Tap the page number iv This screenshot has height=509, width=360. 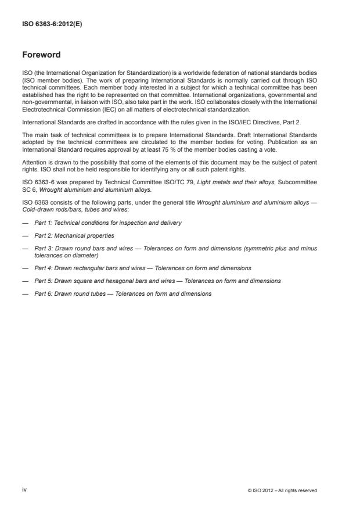point(25,490)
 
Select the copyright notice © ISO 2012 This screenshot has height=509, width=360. point(282,490)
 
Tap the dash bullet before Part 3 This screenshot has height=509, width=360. point(25,248)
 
